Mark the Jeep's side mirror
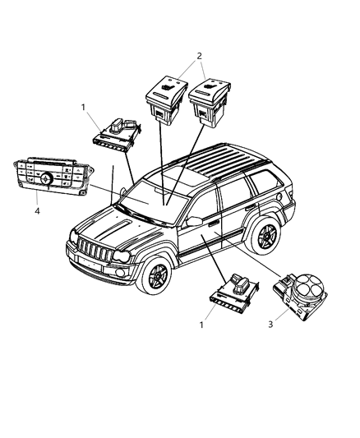195,223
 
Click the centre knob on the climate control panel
47,177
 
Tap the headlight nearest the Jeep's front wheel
120,258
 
